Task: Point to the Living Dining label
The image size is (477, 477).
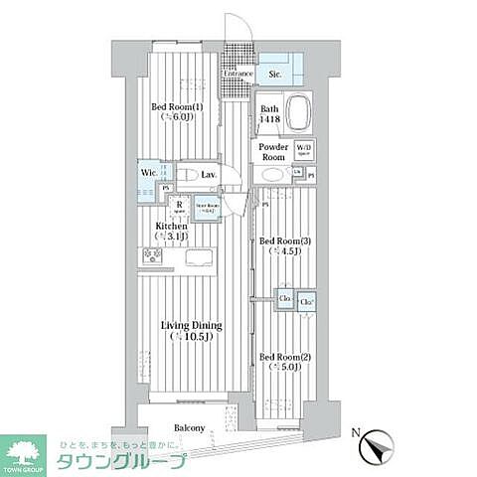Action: (x=192, y=326)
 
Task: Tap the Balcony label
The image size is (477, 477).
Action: (x=189, y=428)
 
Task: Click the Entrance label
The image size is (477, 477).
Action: (x=238, y=74)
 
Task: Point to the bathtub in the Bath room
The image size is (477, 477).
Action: (x=299, y=113)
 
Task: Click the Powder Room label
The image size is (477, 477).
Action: (x=273, y=152)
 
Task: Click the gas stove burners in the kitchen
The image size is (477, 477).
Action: (x=153, y=255)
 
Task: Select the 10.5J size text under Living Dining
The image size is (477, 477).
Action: (x=192, y=338)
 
